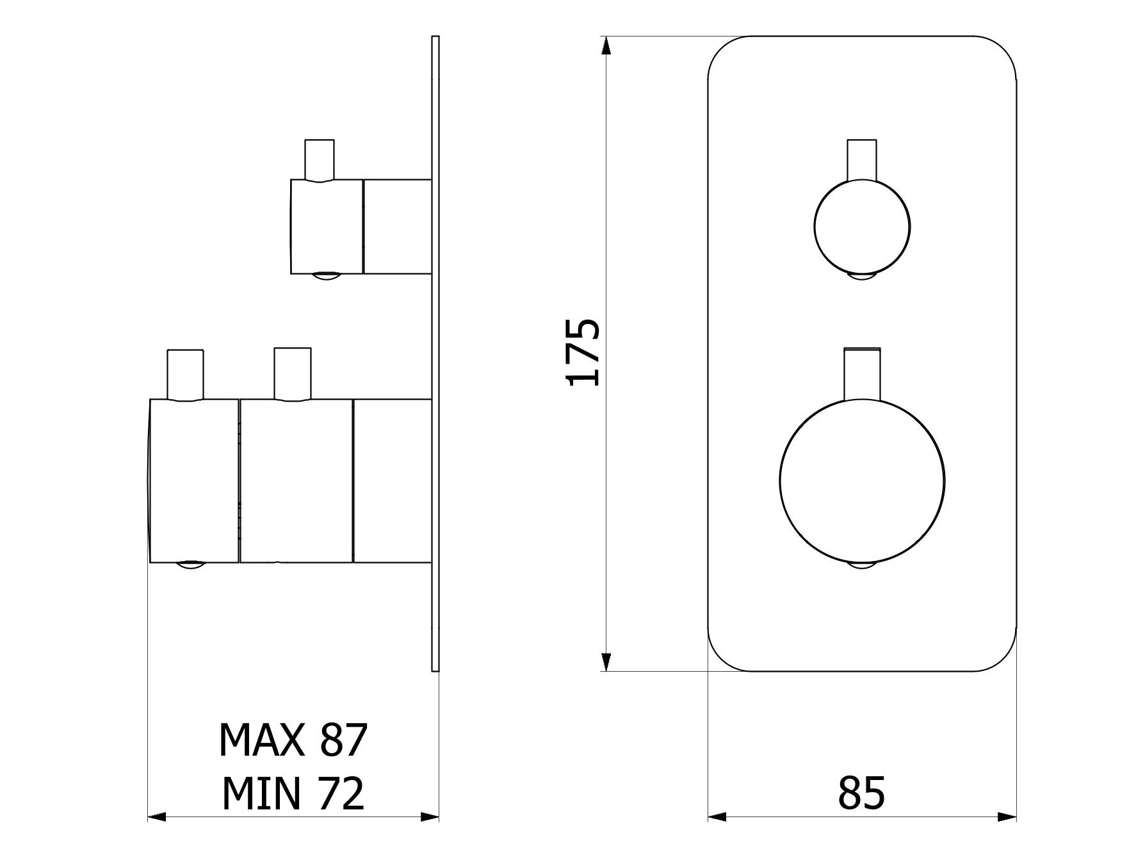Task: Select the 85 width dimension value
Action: point(861,792)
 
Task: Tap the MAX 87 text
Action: point(293,740)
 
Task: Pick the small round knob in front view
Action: point(862,227)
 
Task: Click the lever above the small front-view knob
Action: point(862,159)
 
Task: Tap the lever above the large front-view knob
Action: point(862,375)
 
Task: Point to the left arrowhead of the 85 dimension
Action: point(717,816)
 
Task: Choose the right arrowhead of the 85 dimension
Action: point(1007,816)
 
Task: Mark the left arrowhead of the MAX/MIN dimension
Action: point(157,816)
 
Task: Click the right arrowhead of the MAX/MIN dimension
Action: point(430,816)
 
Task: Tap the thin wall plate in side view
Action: point(436,353)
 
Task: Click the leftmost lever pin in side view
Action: point(185,375)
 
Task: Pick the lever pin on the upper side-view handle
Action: point(320,160)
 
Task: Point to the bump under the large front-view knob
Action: point(862,564)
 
